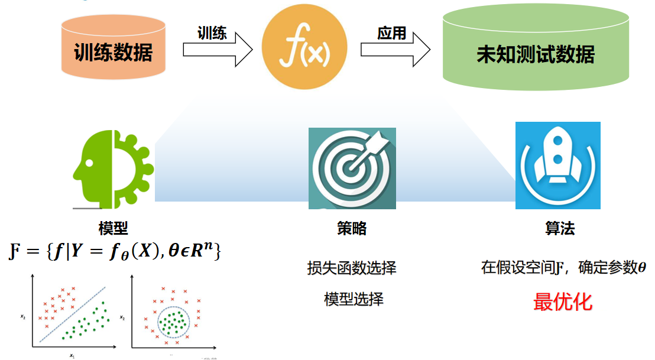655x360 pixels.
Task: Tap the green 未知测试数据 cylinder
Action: tap(535, 54)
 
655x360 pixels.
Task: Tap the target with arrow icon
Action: tap(352, 168)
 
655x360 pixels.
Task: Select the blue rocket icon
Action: tap(557, 166)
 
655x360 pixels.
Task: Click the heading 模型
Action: tap(113, 228)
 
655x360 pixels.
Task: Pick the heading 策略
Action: tap(352, 229)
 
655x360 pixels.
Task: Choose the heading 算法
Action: tap(559, 229)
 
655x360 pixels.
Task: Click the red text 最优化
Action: tap(562, 302)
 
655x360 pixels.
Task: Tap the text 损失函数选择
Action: tap(352, 268)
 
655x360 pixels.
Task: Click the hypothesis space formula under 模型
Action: tap(116, 251)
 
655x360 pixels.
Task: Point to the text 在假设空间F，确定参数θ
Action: tap(563, 268)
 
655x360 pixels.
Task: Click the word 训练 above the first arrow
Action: tap(212, 33)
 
